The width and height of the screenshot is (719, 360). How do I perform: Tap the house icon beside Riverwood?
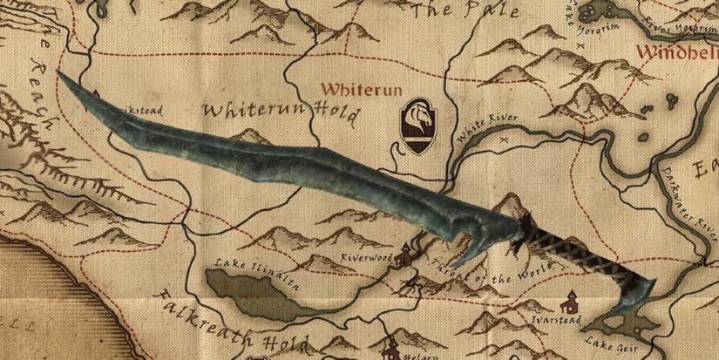pos(404,256)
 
